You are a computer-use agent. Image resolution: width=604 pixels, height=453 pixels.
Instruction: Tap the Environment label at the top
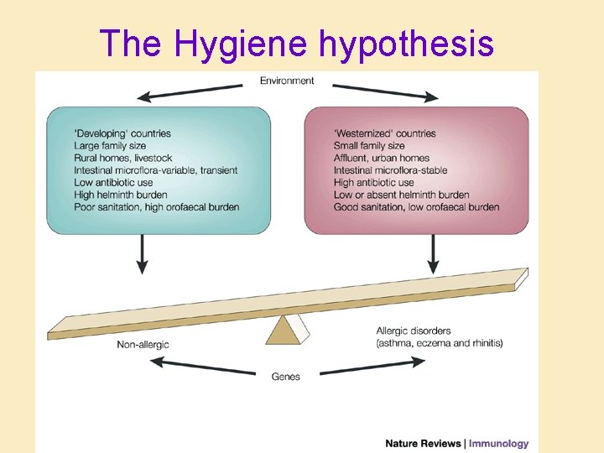[x=287, y=81]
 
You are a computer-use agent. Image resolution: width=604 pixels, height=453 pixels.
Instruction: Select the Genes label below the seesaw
[x=286, y=377]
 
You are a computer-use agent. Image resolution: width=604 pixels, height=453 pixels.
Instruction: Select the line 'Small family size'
[x=369, y=146]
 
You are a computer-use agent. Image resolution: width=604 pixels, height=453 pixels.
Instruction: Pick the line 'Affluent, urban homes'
[x=382, y=158]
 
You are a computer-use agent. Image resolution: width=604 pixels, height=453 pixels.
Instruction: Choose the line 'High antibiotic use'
[x=373, y=183]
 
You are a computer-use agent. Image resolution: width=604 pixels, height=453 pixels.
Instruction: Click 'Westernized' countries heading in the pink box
[x=385, y=133]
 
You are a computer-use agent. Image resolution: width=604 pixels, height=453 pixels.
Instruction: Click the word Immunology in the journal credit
[x=498, y=444]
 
